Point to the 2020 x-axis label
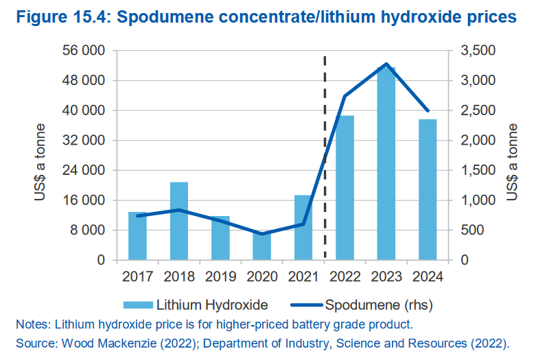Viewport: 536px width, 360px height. pos(261,277)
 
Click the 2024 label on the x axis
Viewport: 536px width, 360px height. pos(427,277)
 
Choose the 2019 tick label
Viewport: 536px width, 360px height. pos(220,277)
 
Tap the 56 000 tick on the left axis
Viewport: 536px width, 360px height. pos(84,51)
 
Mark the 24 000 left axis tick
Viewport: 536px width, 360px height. pos(84,170)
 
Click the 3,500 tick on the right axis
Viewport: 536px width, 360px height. pos(473,51)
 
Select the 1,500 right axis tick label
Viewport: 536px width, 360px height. pos(473,170)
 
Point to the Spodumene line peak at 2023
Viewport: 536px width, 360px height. pos(386,64)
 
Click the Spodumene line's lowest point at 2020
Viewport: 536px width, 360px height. pos(261,234)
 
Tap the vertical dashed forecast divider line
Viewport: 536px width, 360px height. pos(325,158)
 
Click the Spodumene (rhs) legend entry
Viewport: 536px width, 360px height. pos(363,304)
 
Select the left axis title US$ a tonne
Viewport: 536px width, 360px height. pos(40,162)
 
